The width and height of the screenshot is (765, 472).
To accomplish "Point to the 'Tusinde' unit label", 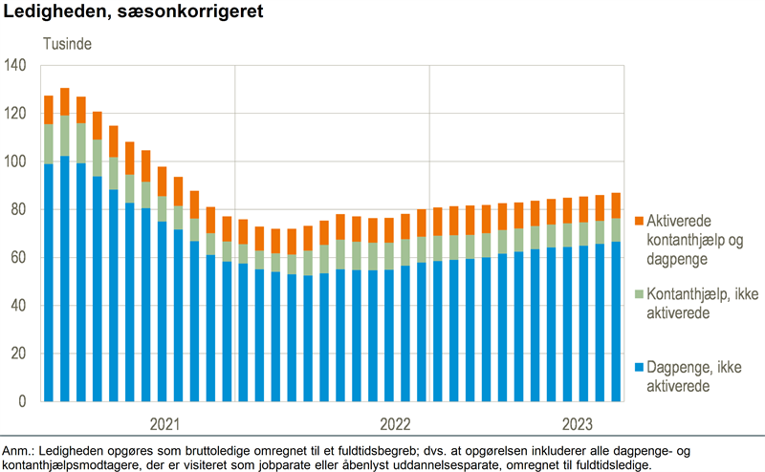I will (x=65, y=44).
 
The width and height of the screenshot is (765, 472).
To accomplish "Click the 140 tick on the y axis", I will (x=20, y=65).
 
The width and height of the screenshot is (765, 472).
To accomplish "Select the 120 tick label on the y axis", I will (x=20, y=114).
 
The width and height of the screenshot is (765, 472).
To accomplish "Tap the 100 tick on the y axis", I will (x=20, y=161).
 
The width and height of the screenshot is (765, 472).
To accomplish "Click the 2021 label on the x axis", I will (x=164, y=423).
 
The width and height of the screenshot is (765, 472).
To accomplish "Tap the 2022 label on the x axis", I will (x=395, y=423).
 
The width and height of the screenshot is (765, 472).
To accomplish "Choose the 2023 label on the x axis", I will (x=577, y=423).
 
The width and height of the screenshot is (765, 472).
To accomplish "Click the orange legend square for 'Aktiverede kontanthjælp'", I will (x=638, y=220).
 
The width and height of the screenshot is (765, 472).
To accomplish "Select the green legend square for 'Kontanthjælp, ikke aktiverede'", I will (x=638, y=294).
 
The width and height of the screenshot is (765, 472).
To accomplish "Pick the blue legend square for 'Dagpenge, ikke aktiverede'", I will (x=638, y=368).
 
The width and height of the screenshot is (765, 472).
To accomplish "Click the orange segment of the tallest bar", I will (x=65, y=101).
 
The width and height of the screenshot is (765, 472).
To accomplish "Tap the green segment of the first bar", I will (x=49, y=143).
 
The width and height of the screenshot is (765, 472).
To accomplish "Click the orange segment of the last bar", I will (x=617, y=205).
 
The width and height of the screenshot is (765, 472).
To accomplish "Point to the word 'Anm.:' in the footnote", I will (x=18, y=450).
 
